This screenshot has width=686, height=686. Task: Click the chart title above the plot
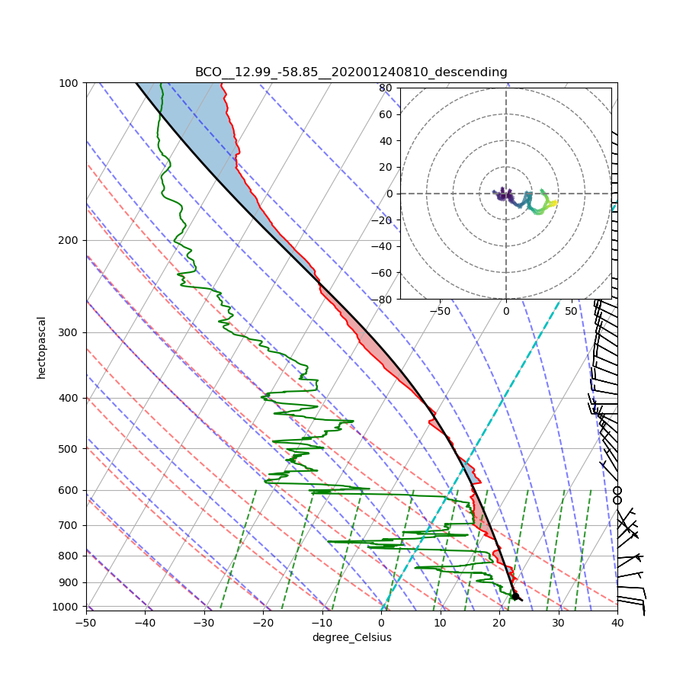point(351,72)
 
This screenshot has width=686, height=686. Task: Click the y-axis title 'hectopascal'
point(41,347)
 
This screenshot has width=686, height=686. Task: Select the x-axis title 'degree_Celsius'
point(351,637)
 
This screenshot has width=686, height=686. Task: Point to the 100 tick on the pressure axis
point(71,82)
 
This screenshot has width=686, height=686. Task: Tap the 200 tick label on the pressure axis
point(71,240)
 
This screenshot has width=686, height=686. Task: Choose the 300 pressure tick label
point(71,332)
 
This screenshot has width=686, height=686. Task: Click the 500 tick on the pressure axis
point(71,448)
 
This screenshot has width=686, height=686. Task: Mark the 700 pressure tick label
point(71,525)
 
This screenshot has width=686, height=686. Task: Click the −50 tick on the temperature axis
point(85,623)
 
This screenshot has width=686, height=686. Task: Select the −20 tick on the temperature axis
point(263,623)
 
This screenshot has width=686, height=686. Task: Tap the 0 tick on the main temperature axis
point(381,623)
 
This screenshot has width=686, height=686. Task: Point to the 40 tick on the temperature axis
point(617,623)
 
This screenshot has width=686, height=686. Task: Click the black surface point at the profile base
point(515,596)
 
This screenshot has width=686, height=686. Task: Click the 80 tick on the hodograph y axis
point(386,88)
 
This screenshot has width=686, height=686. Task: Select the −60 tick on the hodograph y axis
point(383,273)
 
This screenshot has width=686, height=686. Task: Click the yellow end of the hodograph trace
point(555,203)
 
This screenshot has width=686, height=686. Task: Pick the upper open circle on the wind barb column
point(617,490)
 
